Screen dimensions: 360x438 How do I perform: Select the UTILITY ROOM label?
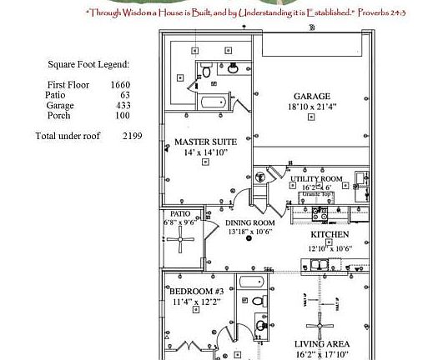tap(316, 179)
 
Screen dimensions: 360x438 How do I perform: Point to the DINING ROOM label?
tap(250, 223)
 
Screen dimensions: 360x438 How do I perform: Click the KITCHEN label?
tap(329, 236)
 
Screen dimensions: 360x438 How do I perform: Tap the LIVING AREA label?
tap(321, 343)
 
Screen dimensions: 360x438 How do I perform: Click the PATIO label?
tap(180, 213)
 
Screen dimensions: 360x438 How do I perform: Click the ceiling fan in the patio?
tap(180, 241)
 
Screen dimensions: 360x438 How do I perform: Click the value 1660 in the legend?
tap(121, 84)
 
